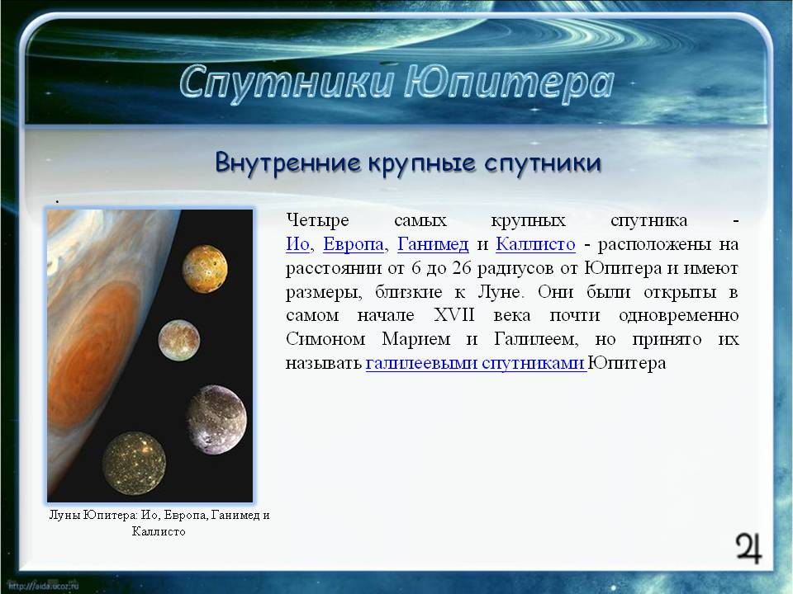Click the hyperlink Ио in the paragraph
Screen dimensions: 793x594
(297, 244)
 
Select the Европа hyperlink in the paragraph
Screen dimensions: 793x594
(354, 244)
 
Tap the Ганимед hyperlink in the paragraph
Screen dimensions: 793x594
(433, 244)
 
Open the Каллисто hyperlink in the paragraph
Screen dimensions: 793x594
(535, 244)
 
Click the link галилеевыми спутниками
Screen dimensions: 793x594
(476, 363)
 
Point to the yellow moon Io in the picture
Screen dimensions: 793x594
(205, 269)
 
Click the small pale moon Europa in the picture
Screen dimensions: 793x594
(179, 340)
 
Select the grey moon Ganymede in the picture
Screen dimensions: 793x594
(217, 419)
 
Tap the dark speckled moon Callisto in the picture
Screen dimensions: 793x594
(134, 463)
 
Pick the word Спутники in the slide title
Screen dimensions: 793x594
(287, 82)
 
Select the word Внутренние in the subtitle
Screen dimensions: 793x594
(288, 163)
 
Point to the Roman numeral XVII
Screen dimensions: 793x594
(454, 315)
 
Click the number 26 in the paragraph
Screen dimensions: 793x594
(462, 268)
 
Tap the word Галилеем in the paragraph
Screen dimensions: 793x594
(535, 339)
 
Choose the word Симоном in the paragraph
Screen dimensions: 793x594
(325, 339)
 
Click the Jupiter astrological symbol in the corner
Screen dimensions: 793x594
(748, 548)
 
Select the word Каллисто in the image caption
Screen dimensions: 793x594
(159, 531)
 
